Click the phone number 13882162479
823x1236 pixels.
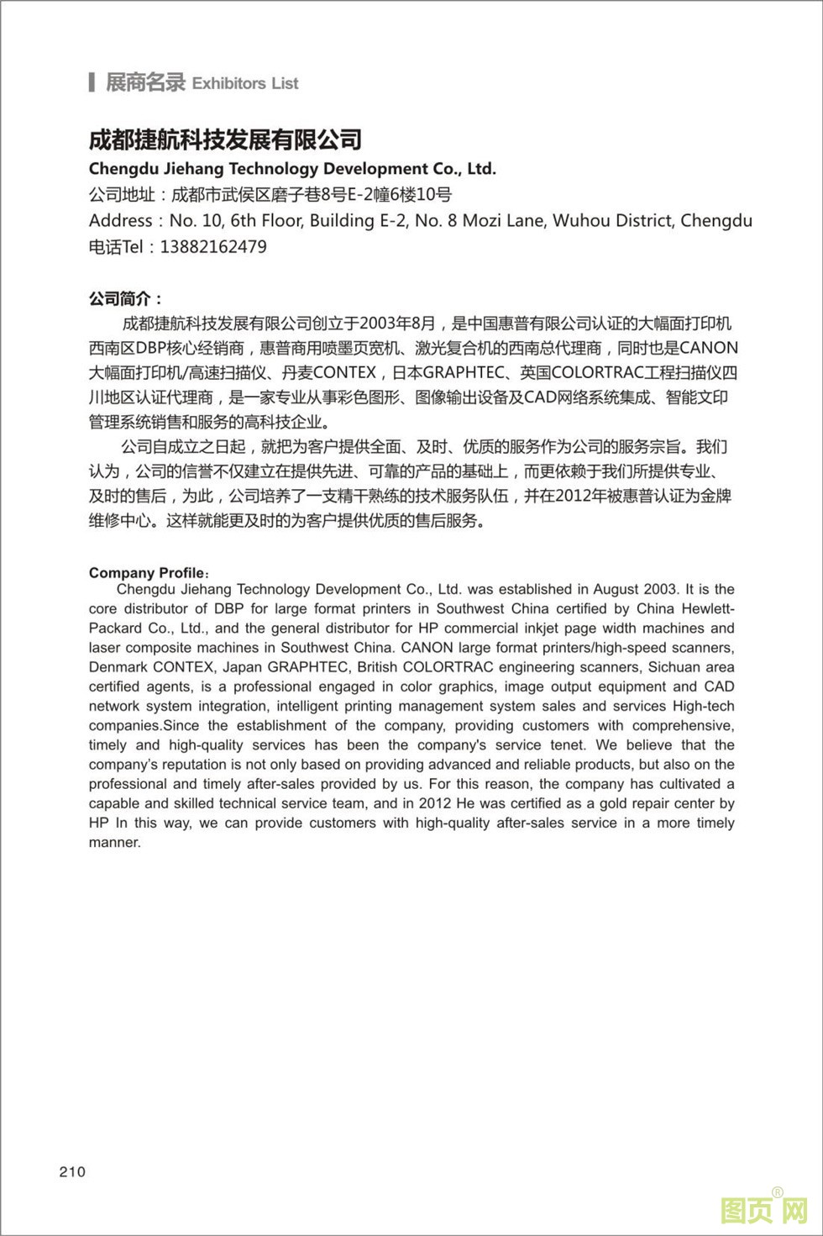point(212,247)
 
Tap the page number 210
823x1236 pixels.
point(72,1172)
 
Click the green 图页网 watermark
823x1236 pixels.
point(763,1210)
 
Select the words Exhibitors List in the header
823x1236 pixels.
point(245,83)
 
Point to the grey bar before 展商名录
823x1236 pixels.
point(92,82)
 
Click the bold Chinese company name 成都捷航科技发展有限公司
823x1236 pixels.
point(225,139)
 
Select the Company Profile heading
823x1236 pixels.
point(147,573)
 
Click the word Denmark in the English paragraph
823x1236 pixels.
point(118,667)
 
